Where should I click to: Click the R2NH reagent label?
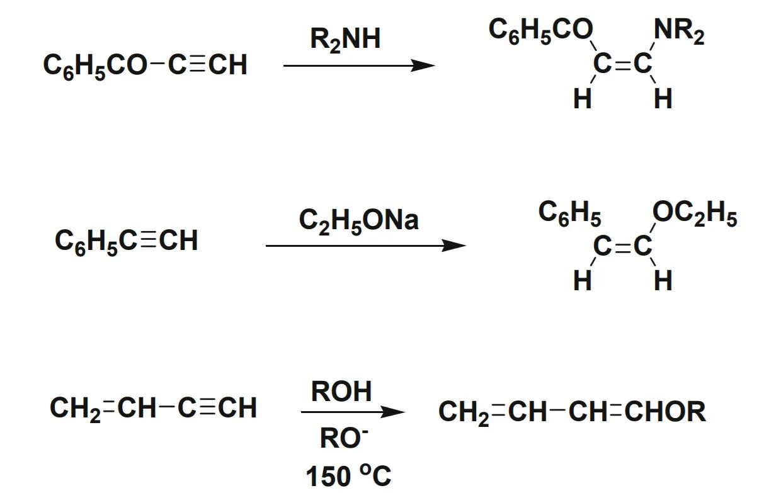pos(345,40)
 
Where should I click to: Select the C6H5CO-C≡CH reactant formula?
pos(145,65)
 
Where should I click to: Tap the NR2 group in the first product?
pos(679,31)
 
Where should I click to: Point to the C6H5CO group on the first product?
pos(541,30)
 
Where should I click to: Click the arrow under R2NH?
pos(358,65)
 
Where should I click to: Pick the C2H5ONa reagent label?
pos(358,220)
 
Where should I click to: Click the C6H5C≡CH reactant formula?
pos(126,241)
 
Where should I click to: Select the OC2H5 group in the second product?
pos(695,215)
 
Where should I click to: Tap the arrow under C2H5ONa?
pos(365,246)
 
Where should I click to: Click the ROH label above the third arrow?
pos(341,392)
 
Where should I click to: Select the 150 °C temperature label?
pos(348,476)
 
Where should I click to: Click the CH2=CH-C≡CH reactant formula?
pos(153,408)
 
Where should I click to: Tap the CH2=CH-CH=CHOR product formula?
pos(572,412)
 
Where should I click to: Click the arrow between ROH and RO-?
pos(352,412)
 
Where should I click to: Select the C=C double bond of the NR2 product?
pos(623,65)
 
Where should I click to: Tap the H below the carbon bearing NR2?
pos(663,99)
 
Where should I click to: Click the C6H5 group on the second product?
pos(569,214)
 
